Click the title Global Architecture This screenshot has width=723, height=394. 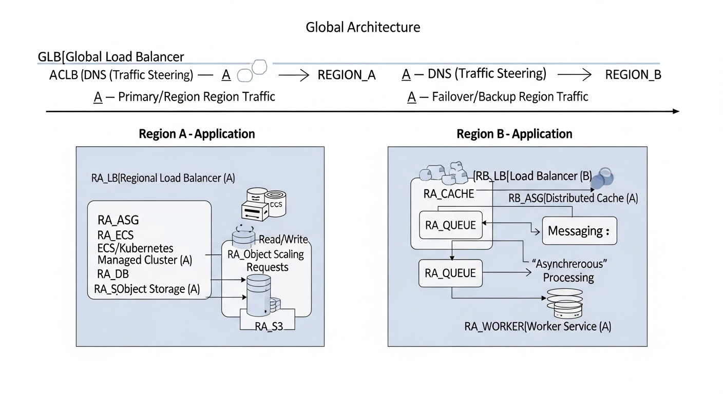363,27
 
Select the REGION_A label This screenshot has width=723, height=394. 347,75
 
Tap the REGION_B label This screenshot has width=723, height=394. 633,75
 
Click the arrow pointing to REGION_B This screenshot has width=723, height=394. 575,75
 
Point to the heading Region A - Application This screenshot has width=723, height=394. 197,134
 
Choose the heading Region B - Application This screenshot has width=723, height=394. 514,134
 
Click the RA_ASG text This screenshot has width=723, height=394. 118,220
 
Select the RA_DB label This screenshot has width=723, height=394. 112,274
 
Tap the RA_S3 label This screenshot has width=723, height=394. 269,326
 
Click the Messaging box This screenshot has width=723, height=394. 579,231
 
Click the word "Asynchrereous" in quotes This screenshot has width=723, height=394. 570,264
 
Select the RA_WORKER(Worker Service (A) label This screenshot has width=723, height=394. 538,326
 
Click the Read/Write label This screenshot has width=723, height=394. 283,239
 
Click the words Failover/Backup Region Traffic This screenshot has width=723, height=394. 509,96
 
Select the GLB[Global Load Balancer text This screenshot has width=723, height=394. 111,56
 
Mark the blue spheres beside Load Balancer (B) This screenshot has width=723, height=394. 602,178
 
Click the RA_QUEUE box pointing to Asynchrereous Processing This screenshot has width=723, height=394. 451,273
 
